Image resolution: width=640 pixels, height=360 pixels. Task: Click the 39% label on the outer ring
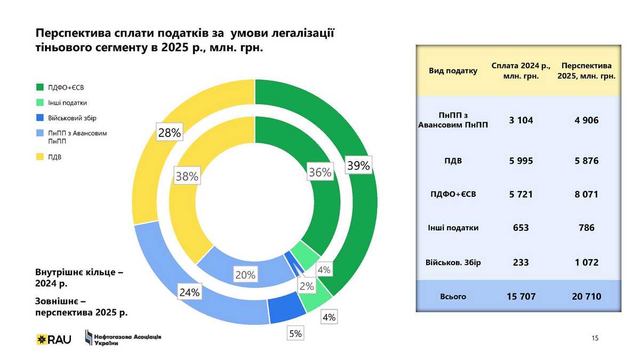coord(358,165)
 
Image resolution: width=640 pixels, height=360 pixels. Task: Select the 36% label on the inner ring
coord(320,172)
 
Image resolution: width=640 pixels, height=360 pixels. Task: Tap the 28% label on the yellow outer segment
coord(169,133)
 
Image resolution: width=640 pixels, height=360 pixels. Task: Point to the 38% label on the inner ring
coord(187,177)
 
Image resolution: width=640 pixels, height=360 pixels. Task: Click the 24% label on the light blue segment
coord(189,292)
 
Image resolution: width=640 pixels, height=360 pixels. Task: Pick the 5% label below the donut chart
coord(295,334)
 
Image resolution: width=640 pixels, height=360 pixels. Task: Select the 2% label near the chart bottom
coord(306,286)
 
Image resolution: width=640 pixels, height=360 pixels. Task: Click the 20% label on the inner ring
coord(245,276)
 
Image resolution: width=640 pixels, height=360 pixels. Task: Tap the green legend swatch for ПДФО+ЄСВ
coord(40,87)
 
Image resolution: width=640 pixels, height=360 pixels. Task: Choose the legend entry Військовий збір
coord(72,117)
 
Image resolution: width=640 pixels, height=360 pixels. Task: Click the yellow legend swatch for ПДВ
coord(40,157)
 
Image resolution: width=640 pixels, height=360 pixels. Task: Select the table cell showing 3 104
coord(521,121)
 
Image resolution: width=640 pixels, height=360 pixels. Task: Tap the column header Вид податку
coord(453,71)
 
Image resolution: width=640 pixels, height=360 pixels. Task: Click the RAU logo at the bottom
coord(53,339)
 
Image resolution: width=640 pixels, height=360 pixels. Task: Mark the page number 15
coord(595,338)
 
